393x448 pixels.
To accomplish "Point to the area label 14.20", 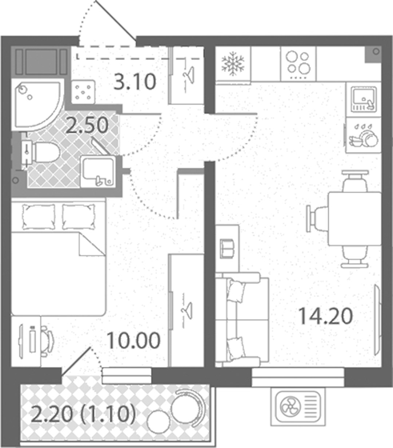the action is click(325, 317).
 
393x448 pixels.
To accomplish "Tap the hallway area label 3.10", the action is click(135, 82).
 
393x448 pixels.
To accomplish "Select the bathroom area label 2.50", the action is click(87, 125).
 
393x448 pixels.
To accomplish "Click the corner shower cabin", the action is click(38, 106).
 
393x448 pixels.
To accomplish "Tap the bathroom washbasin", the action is click(98, 172).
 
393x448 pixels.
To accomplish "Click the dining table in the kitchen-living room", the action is click(354, 219).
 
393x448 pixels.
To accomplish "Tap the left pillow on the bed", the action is click(38, 217).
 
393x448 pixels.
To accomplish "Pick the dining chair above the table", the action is click(355, 181).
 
